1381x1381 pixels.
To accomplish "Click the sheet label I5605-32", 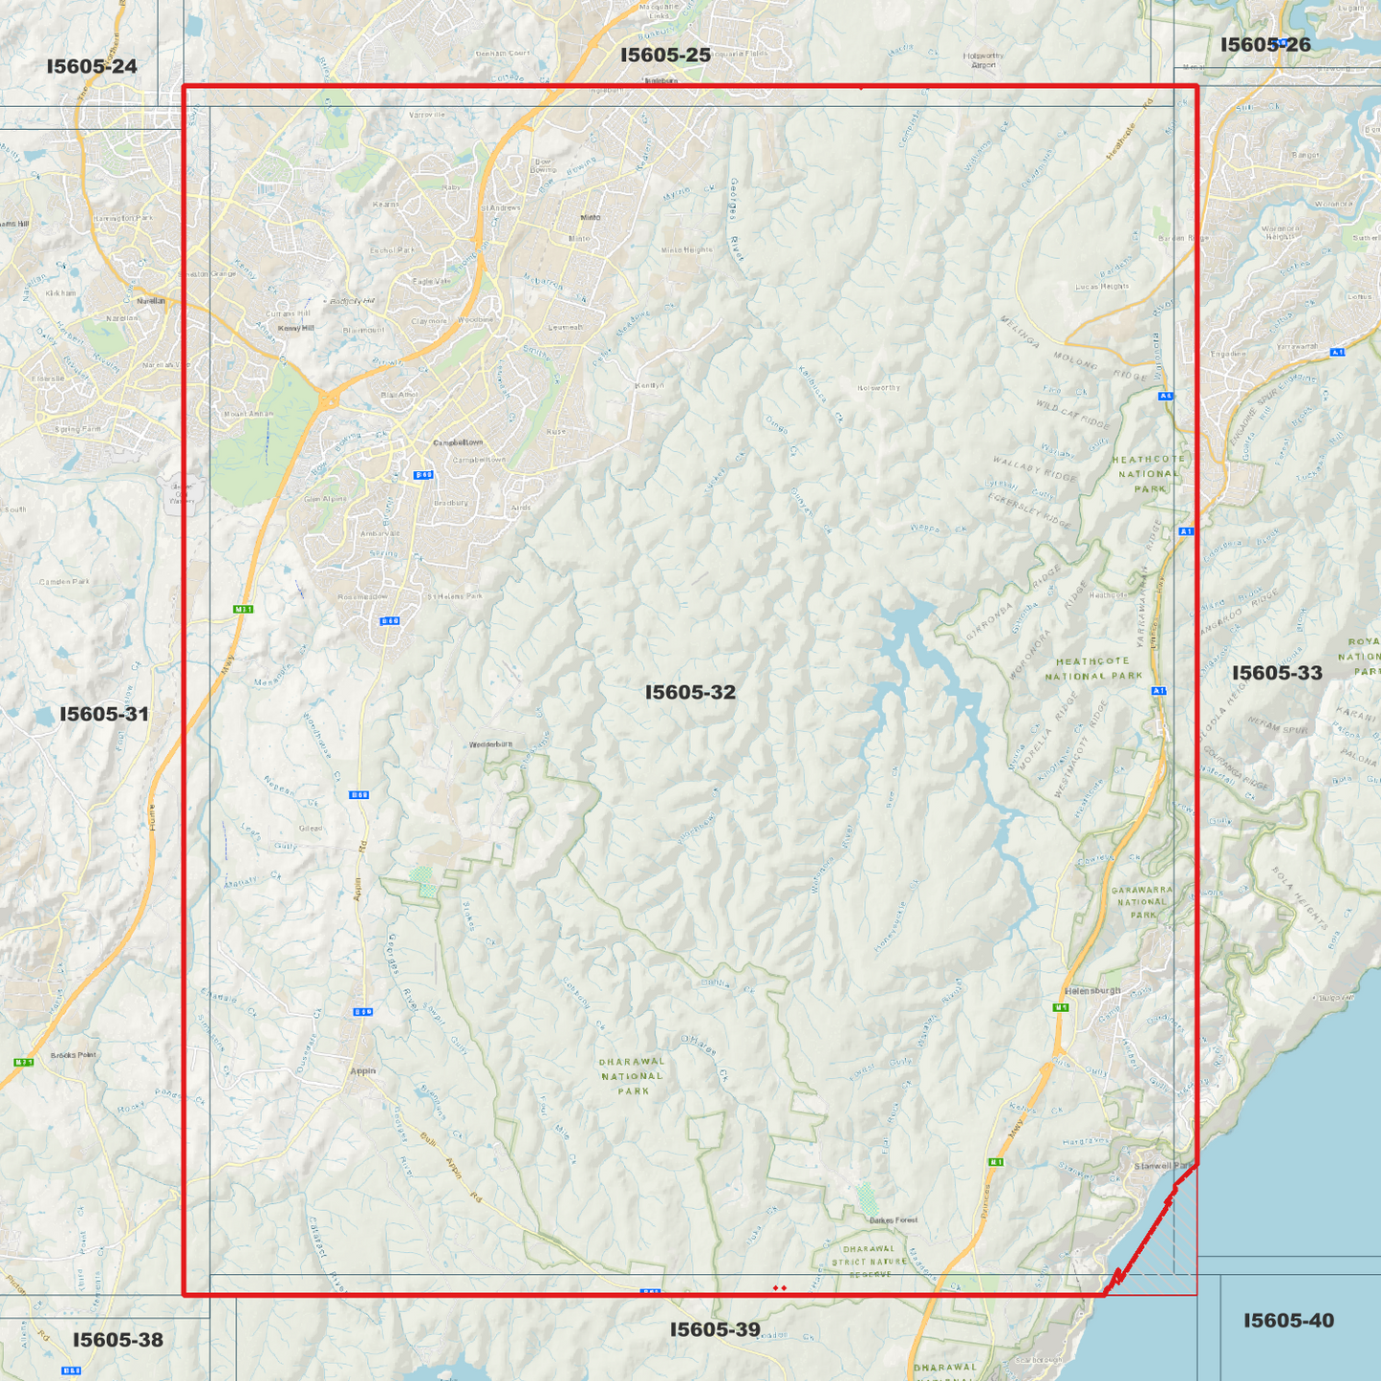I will (690, 692).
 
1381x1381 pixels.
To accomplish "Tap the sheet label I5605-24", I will (92, 66).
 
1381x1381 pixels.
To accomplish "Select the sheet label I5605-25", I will (665, 54).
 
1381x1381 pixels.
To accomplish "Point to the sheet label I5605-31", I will (104, 714).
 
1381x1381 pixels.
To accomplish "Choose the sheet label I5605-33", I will (1277, 673).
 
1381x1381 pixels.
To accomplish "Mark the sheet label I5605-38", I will (118, 1340).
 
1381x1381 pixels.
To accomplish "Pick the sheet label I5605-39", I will (715, 1329).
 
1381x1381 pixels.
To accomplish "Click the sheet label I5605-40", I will (1288, 1320).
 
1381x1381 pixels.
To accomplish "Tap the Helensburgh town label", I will (1092, 990).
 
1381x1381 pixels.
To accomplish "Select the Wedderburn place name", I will (490, 744).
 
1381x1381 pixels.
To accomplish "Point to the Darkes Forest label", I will (894, 1220).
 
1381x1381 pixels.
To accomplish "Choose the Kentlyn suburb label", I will (649, 385).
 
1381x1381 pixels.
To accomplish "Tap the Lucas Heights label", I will (1102, 286).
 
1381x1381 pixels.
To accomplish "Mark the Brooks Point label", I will (74, 1055).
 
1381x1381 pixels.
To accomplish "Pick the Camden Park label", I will (64, 582).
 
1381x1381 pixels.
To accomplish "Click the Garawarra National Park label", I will (1142, 902).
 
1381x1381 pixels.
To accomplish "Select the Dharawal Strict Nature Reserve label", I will (869, 1262).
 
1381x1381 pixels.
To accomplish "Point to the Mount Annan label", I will (248, 414).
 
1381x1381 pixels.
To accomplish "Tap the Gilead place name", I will (311, 829).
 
